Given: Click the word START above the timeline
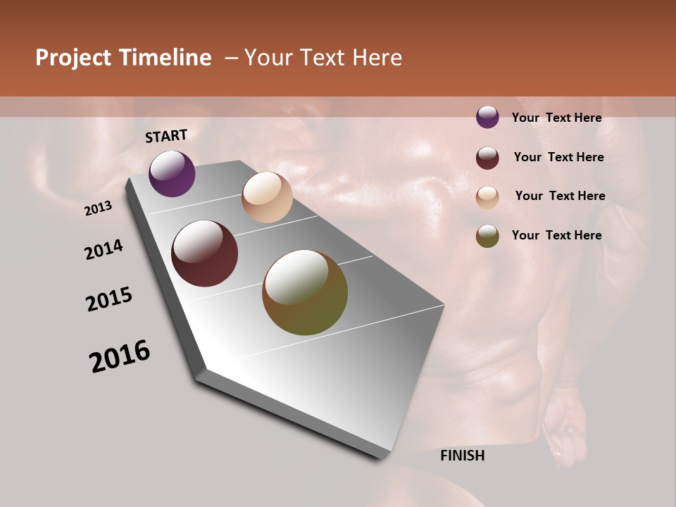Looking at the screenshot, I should pyautogui.click(x=166, y=136).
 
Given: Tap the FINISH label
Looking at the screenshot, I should pyautogui.click(x=462, y=456).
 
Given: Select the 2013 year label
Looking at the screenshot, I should pyautogui.click(x=99, y=208).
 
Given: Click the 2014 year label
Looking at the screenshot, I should pyautogui.click(x=104, y=250).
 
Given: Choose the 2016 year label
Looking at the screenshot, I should pyautogui.click(x=120, y=356).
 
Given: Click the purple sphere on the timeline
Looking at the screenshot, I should pyautogui.click(x=172, y=173).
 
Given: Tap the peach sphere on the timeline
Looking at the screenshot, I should pyautogui.click(x=267, y=197).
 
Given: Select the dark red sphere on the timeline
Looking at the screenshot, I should pyautogui.click(x=204, y=254).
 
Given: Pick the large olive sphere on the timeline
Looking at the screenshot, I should pyautogui.click(x=305, y=292).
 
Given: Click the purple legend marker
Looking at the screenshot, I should pyautogui.click(x=487, y=118).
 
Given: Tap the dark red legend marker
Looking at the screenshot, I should pyautogui.click(x=487, y=158).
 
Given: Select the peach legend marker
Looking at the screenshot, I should pyautogui.click(x=487, y=197).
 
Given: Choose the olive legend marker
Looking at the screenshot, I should pyautogui.click(x=487, y=236).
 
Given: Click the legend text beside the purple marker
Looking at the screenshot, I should pyautogui.click(x=556, y=118).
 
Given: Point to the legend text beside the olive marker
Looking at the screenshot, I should pyautogui.click(x=556, y=235).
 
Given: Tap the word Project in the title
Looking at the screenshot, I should pyautogui.click(x=73, y=58).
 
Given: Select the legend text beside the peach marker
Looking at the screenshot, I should pyautogui.click(x=560, y=196).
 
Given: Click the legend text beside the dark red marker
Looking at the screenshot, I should pyautogui.click(x=558, y=157).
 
